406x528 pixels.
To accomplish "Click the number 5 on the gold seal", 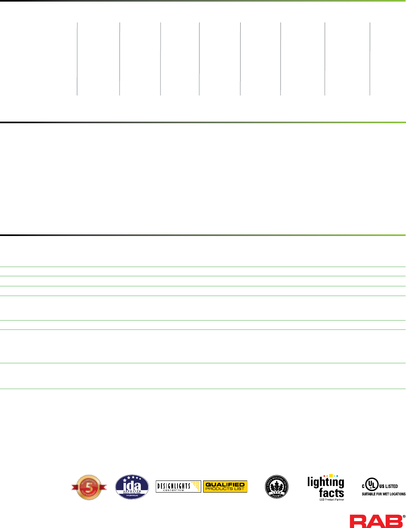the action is (89, 487).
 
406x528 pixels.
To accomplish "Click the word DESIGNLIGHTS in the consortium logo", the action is (173, 485).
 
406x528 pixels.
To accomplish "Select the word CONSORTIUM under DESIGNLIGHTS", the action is (173, 490).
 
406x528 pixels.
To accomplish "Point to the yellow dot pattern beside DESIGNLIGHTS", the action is (196, 486).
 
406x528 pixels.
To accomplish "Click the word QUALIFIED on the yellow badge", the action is (225, 485).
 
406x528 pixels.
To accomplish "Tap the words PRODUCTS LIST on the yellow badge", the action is (225, 489).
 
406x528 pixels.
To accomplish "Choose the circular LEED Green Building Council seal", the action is (276, 487).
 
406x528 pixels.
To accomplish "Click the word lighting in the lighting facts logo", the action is (326, 482).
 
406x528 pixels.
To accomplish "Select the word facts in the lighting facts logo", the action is (331, 493).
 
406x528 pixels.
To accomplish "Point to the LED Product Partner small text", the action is (332, 500).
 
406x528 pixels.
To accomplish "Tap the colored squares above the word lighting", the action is (331, 476).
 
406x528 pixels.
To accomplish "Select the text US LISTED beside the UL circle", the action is (389, 486).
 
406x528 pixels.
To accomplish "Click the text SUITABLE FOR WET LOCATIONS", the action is (383, 494).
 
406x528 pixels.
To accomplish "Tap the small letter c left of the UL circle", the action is (363, 486).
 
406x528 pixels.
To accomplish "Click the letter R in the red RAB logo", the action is (358, 521).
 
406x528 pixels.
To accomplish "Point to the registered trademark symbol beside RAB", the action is (404, 516).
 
